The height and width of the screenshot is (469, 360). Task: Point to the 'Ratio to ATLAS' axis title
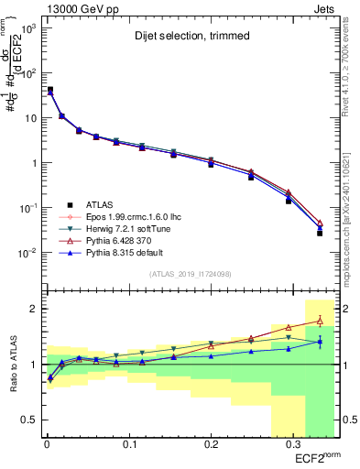coord(12,365)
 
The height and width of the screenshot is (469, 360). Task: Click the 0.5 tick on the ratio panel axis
coord(27,420)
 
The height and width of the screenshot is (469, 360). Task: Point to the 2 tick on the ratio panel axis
coord(31,309)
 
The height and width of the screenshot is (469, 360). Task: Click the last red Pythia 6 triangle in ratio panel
coord(319,320)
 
